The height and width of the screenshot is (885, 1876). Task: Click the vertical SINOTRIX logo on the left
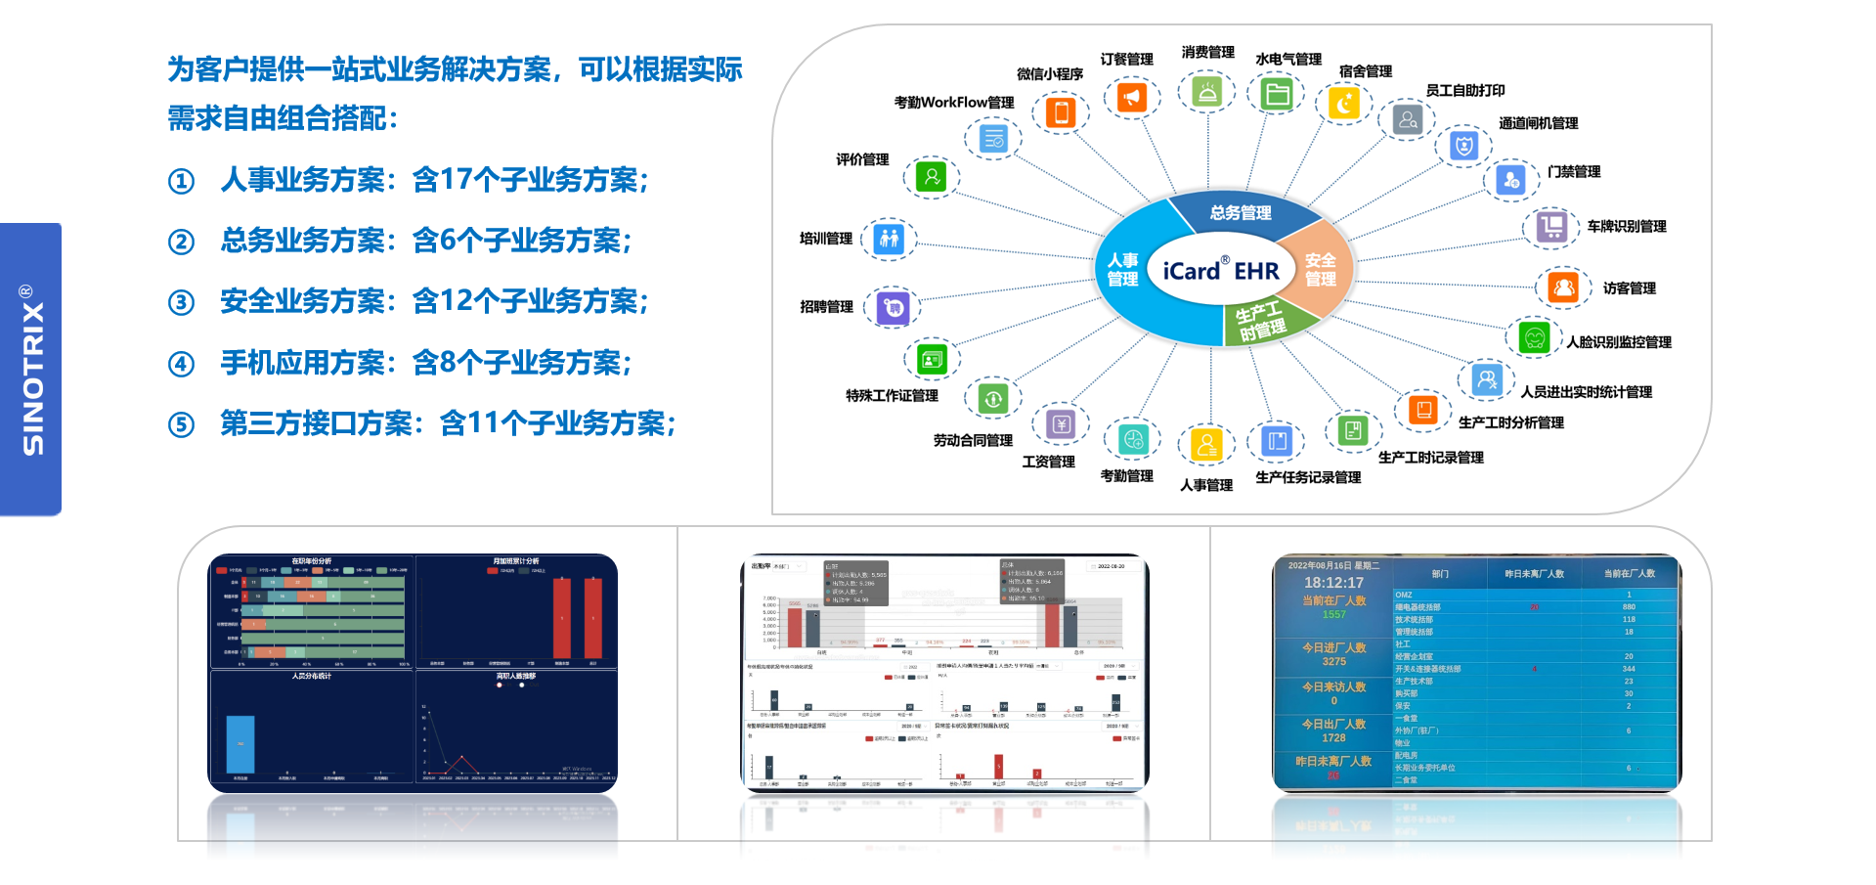[x=32, y=370]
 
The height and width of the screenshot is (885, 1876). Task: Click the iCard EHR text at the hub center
[x=1220, y=270]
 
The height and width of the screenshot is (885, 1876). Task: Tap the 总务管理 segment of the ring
[x=1240, y=212]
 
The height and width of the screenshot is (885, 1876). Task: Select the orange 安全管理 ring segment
[x=1320, y=269]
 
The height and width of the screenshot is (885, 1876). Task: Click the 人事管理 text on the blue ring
[x=1122, y=270]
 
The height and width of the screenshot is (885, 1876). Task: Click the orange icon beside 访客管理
[x=1563, y=288]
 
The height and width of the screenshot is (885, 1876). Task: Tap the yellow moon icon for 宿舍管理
[x=1344, y=104]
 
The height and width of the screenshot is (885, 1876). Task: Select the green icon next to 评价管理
[x=932, y=177]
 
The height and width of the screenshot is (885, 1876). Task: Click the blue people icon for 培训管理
[x=889, y=239]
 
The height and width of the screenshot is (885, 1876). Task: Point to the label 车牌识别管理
[x=1626, y=227]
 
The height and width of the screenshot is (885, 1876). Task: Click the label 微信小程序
[x=1049, y=74]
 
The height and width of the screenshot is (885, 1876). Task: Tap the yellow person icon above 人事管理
[x=1206, y=444]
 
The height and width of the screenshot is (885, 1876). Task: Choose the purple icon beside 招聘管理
[x=893, y=308]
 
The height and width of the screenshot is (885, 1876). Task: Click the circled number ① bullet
[x=181, y=182]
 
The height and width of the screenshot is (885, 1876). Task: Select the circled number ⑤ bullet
[x=181, y=424]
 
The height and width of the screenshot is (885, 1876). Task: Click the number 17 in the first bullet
[x=457, y=180]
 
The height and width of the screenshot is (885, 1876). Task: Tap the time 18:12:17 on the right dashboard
[x=1333, y=583]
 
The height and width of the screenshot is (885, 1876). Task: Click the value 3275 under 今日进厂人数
[x=1333, y=661]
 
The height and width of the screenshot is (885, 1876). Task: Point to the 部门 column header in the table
[x=1440, y=574]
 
